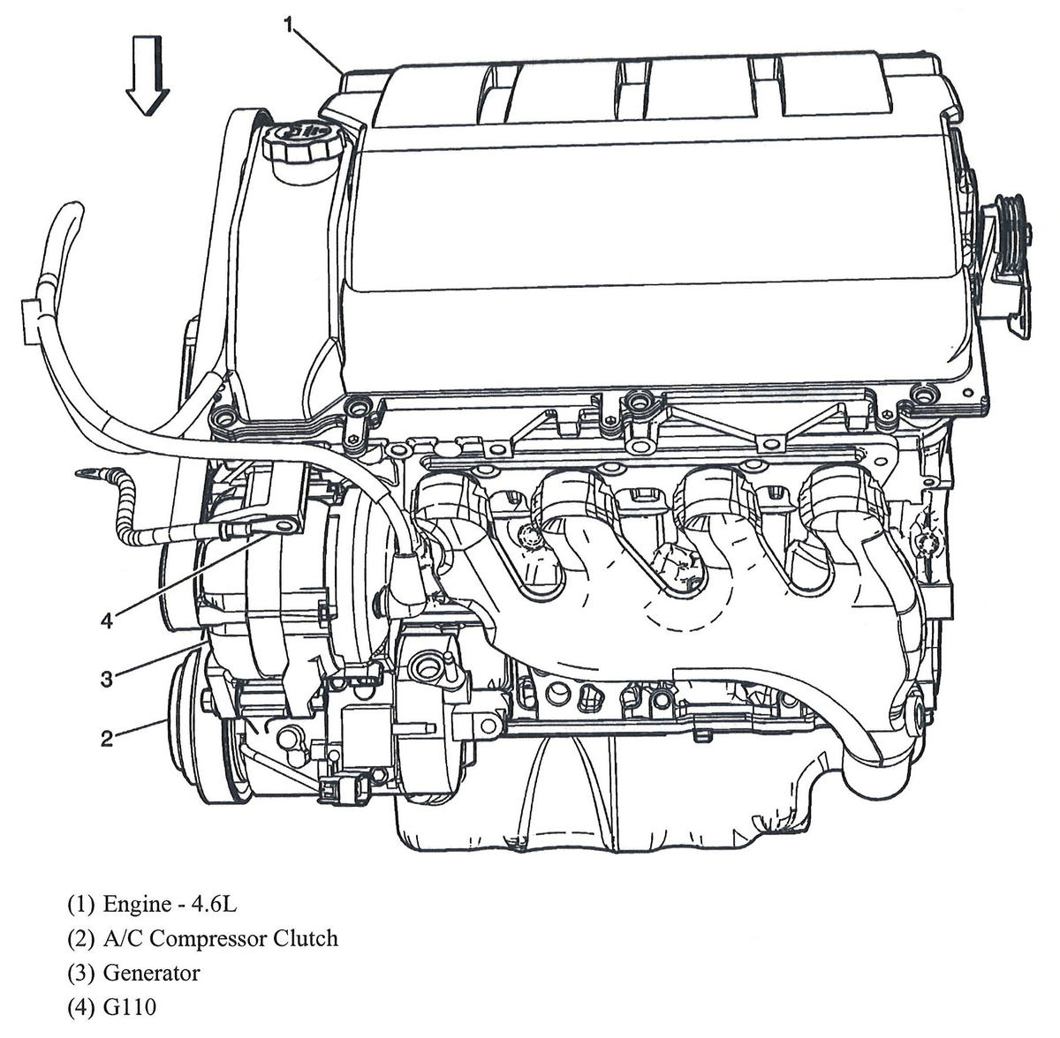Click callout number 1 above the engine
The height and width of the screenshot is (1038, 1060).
tap(289, 26)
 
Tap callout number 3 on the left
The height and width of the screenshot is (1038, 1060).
tap(106, 679)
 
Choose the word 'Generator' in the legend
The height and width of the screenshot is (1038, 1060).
tap(151, 973)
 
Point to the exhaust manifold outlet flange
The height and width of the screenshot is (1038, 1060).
tap(914, 711)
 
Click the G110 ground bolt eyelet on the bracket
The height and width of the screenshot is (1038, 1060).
tap(284, 528)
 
